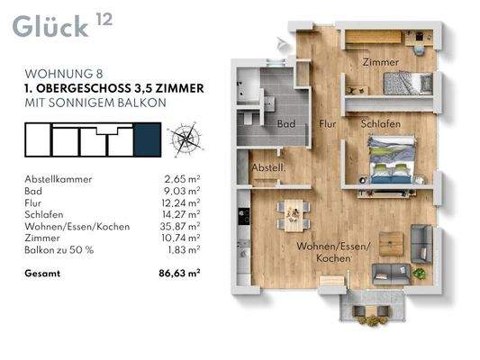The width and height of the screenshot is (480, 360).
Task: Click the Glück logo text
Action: coord(50,27)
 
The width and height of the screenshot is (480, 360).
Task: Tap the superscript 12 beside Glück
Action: coord(104,19)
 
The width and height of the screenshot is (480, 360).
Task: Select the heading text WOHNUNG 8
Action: coord(64,74)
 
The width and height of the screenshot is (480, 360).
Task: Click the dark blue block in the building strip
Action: coord(148,139)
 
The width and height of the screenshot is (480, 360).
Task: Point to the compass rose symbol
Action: coord(186,139)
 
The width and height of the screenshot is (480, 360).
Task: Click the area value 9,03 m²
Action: coord(182,191)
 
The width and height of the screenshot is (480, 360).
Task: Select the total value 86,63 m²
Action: coord(180,273)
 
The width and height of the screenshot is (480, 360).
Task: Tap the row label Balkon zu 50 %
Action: coord(59,250)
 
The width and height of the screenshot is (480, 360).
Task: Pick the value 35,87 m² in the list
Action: coord(180,226)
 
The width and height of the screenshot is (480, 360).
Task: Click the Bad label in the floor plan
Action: coord(286,124)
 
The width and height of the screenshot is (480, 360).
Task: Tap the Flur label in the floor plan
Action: coord(328,124)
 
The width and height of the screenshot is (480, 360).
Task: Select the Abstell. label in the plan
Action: coord(268,167)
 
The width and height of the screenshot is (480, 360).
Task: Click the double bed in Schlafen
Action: coord(392,159)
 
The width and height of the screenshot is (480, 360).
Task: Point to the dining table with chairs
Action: coord(294,216)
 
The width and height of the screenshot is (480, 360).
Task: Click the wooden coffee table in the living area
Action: coord(391,244)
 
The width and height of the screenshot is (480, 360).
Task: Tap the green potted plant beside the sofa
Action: coord(419,273)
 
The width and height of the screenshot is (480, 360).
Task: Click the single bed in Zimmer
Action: coord(408,83)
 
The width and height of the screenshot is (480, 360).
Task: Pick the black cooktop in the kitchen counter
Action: coord(244,216)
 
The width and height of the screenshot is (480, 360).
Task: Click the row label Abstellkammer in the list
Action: coord(59,179)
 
